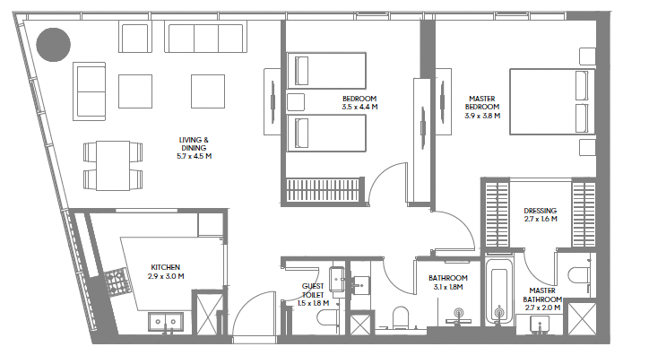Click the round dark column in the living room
(54, 45)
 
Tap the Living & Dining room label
(194, 148)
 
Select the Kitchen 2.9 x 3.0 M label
(166, 272)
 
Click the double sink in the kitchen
(166, 322)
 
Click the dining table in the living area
(113, 166)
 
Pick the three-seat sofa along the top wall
(205, 38)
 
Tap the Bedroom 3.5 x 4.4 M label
(359, 103)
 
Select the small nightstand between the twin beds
(296, 102)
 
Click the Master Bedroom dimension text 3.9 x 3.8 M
(482, 116)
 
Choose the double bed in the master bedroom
(552, 102)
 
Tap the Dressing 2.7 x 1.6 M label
(541, 215)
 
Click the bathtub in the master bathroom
(499, 291)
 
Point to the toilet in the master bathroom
(579, 275)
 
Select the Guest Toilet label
(313, 290)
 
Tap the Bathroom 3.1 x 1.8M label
(448, 282)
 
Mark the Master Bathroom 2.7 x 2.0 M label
(542, 299)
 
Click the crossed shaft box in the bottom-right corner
(583, 318)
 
